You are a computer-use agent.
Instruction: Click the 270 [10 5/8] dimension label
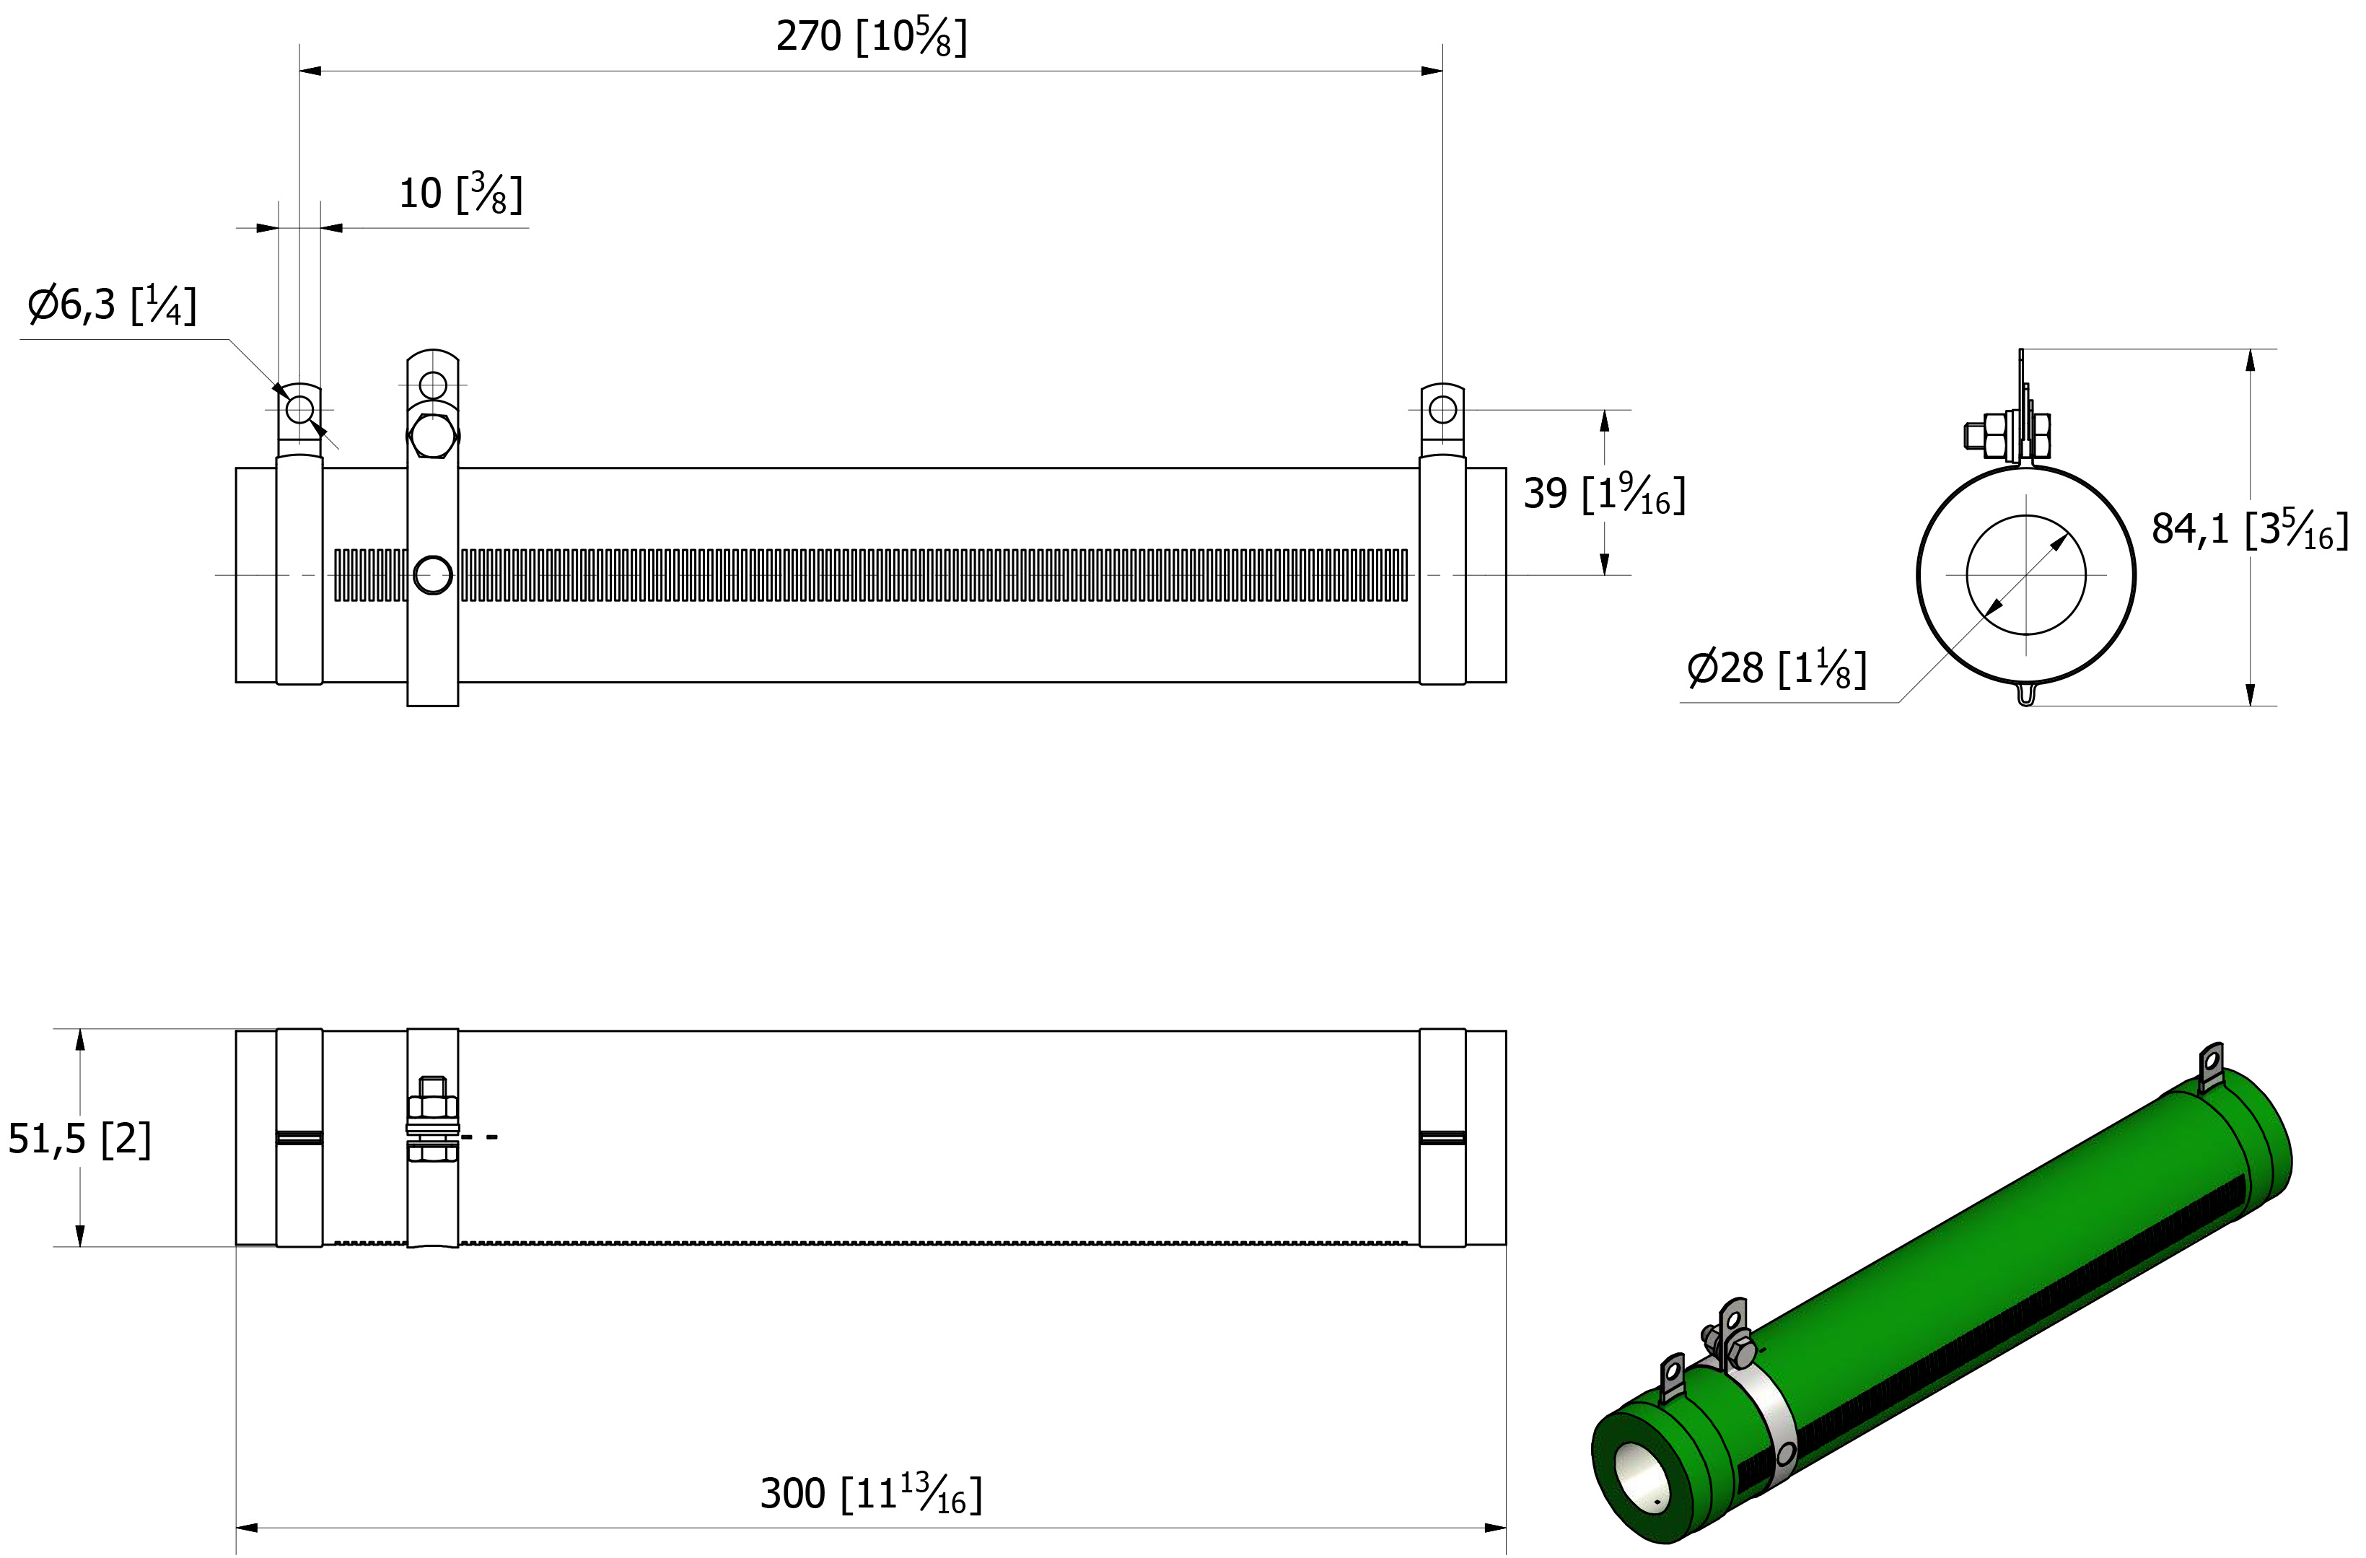(x=871, y=37)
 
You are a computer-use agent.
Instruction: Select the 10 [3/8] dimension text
(x=460, y=193)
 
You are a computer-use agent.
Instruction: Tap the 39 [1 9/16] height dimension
(x=1605, y=493)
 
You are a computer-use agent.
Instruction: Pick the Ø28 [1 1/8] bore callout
(x=1776, y=668)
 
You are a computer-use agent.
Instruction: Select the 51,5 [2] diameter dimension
(x=79, y=1139)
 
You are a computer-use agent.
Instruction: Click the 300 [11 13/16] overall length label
(x=871, y=1493)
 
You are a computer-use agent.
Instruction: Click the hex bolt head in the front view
(x=432, y=434)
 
